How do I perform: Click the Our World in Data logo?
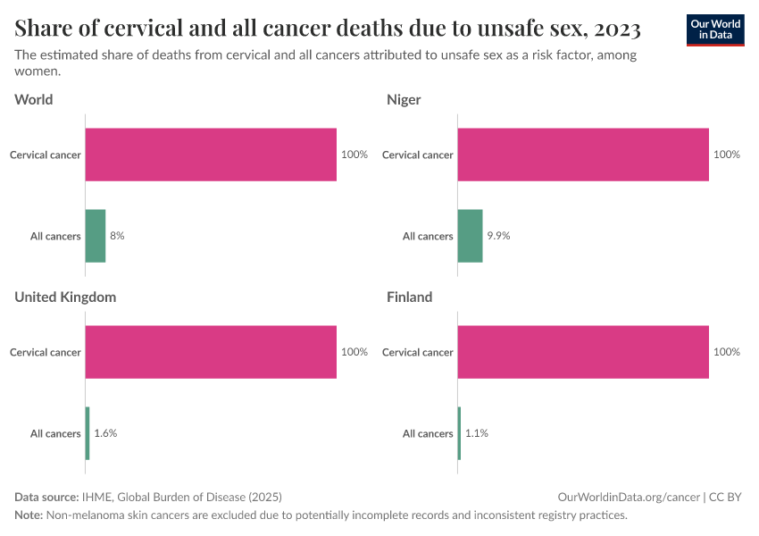click(714, 29)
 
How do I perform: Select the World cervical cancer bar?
click(211, 155)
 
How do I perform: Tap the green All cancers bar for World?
click(96, 237)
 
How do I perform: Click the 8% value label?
click(117, 237)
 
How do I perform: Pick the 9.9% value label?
click(498, 237)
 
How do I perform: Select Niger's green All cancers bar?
click(470, 237)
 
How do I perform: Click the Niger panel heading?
click(404, 100)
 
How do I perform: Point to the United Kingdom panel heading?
click(65, 297)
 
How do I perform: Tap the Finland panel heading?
click(409, 297)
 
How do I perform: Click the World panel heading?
click(34, 100)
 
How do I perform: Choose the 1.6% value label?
click(105, 433)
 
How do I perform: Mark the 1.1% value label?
click(476, 433)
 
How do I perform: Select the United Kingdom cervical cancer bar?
click(211, 352)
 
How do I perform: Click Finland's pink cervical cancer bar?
click(583, 352)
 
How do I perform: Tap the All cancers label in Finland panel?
click(428, 434)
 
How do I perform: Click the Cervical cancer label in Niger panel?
click(417, 155)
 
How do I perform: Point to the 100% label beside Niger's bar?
click(727, 155)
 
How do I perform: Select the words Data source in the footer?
click(46, 497)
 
